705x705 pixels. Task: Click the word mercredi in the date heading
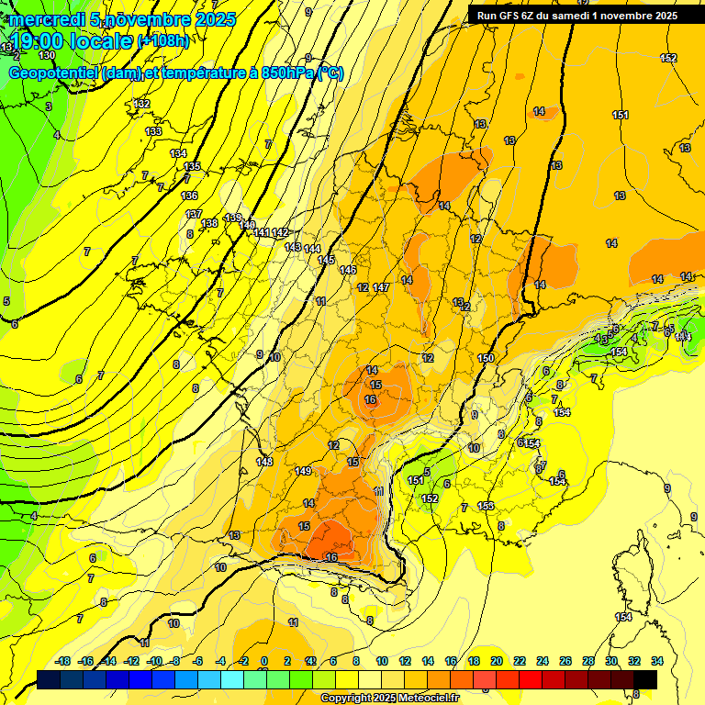click(x=47, y=19)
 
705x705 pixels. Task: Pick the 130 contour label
click(x=47, y=56)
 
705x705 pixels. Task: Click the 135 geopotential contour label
click(x=192, y=166)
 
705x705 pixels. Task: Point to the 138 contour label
click(x=209, y=223)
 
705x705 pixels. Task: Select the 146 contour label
click(x=347, y=270)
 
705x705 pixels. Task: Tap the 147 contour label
click(x=381, y=287)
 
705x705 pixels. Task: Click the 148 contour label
click(x=264, y=462)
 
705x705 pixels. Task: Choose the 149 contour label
click(x=304, y=471)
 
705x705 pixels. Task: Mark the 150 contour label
click(x=486, y=358)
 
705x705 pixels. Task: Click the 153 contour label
click(x=486, y=506)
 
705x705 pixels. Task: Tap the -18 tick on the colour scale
click(x=63, y=661)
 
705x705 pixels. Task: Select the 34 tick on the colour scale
click(x=657, y=661)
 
